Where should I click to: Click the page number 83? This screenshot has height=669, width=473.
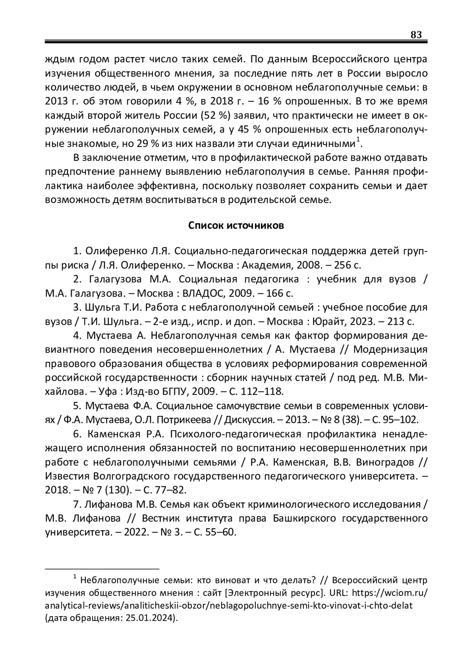416,35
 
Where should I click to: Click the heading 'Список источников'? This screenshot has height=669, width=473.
236,225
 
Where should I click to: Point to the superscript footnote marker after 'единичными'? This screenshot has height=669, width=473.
358,139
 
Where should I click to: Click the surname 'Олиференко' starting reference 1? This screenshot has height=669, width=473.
116,251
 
